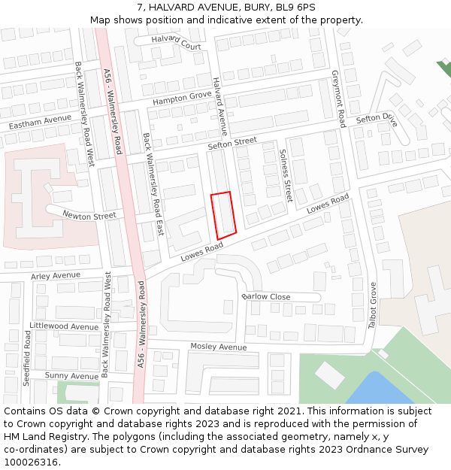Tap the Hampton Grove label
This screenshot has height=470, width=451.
(x=182, y=99)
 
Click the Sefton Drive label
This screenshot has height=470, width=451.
(x=376, y=119)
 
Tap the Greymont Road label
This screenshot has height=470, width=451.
(x=339, y=99)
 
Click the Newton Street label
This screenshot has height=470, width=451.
(x=89, y=216)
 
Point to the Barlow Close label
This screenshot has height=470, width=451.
(x=266, y=297)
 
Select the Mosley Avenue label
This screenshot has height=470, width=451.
(x=218, y=347)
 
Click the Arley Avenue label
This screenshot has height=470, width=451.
(x=55, y=276)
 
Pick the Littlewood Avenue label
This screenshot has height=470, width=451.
(x=63, y=326)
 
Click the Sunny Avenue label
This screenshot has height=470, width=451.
(x=71, y=375)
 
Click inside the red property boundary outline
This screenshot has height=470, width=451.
(x=224, y=215)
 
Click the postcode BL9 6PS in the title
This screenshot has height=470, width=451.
(x=296, y=8)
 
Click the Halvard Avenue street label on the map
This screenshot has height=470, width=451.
(x=219, y=102)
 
